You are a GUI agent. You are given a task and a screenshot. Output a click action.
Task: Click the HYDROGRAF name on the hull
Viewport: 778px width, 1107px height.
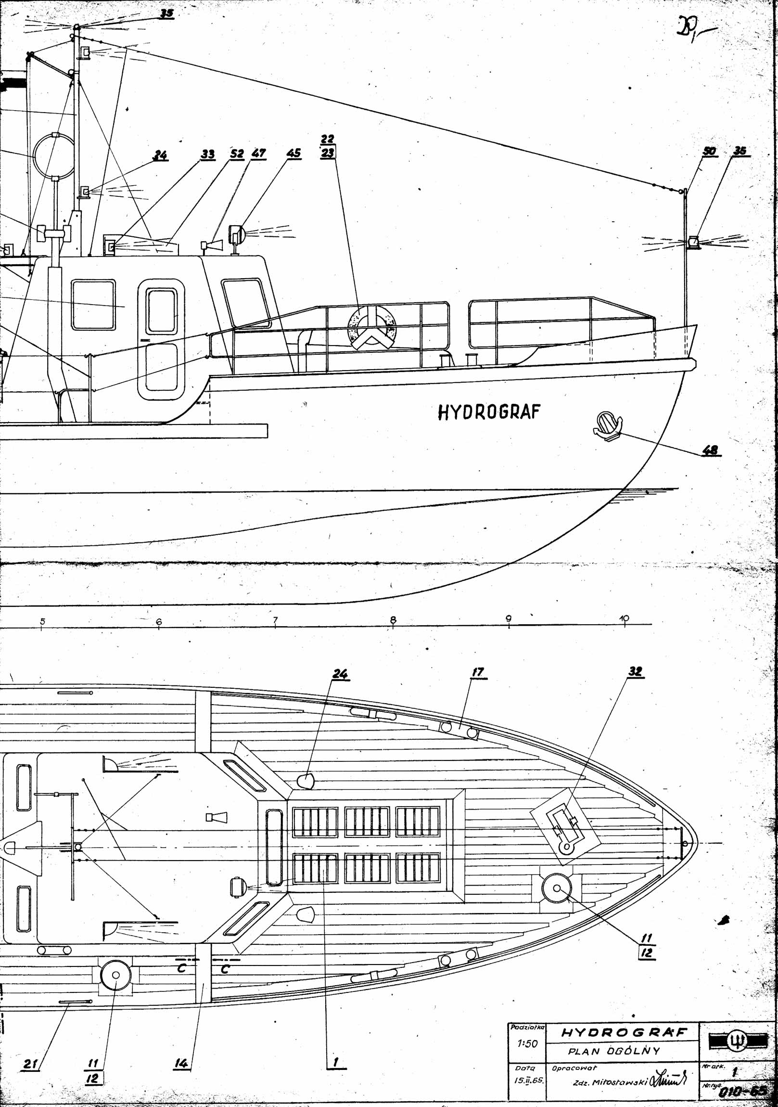tap(489, 412)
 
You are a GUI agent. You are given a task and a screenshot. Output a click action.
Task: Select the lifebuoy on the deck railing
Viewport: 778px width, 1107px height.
tap(370, 328)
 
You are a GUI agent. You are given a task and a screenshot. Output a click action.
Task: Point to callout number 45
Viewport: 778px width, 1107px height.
tap(293, 154)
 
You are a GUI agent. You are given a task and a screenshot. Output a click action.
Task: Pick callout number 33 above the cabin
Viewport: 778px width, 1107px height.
tap(208, 154)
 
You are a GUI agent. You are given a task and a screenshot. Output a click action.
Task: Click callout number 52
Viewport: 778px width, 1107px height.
tap(237, 154)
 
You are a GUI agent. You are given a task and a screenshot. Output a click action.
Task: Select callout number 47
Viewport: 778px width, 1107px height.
tap(258, 154)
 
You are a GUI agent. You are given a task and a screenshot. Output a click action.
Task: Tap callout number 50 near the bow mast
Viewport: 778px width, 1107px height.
tap(709, 151)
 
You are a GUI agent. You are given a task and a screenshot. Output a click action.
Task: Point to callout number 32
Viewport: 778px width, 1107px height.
tap(635, 671)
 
